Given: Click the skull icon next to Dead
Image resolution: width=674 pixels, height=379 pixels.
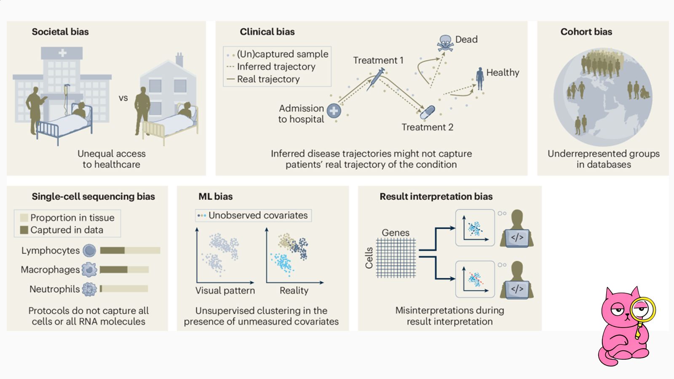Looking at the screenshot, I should [445, 43].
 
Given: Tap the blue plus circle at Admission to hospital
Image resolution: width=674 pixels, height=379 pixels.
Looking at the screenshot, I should [334, 111].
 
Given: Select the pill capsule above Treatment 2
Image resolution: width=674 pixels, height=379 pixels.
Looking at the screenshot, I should [428, 112].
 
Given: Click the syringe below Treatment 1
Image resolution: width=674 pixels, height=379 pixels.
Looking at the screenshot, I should [375, 79].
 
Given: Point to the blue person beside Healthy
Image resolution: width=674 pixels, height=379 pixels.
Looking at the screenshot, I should [480, 79].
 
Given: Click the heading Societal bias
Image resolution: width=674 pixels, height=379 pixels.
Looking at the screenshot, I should [60, 32].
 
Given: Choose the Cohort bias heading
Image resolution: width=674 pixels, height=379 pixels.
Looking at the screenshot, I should [586, 32].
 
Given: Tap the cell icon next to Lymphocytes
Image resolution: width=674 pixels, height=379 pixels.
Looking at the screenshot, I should [89, 251].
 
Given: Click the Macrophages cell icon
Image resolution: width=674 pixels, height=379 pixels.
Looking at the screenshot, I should [89, 270].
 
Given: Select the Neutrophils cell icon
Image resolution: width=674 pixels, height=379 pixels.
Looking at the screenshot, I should [89, 289].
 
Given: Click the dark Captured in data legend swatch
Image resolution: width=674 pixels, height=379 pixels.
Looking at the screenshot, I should [24, 230].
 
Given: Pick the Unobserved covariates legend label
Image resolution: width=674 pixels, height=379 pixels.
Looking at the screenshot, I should [258, 215].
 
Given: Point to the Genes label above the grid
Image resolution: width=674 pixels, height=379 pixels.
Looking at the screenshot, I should [395, 232].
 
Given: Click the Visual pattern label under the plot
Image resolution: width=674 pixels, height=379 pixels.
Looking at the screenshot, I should [225, 291].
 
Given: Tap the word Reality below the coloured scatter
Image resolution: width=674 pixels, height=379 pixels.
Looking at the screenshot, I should [294, 291].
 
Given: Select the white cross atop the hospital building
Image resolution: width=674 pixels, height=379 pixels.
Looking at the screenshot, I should [62, 53].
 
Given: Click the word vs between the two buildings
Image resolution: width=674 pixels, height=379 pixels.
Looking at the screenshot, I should [123, 98].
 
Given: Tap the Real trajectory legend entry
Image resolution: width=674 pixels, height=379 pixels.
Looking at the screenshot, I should [268, 79].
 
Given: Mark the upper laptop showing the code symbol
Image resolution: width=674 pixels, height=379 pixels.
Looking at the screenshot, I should [517, 238].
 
